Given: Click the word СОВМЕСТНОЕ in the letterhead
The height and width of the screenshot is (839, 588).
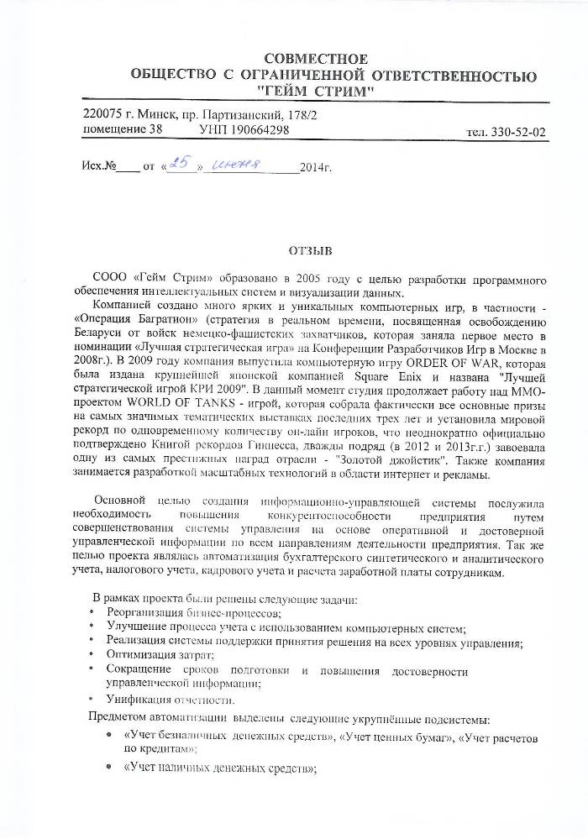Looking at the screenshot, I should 315,59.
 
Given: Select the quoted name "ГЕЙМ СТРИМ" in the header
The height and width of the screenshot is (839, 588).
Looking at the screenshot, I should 315,91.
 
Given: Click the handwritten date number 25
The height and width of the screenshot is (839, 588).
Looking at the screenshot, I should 179,165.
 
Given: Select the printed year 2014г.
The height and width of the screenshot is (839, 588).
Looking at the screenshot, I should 316,168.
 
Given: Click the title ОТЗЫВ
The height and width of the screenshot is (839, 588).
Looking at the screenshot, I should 311,250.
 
